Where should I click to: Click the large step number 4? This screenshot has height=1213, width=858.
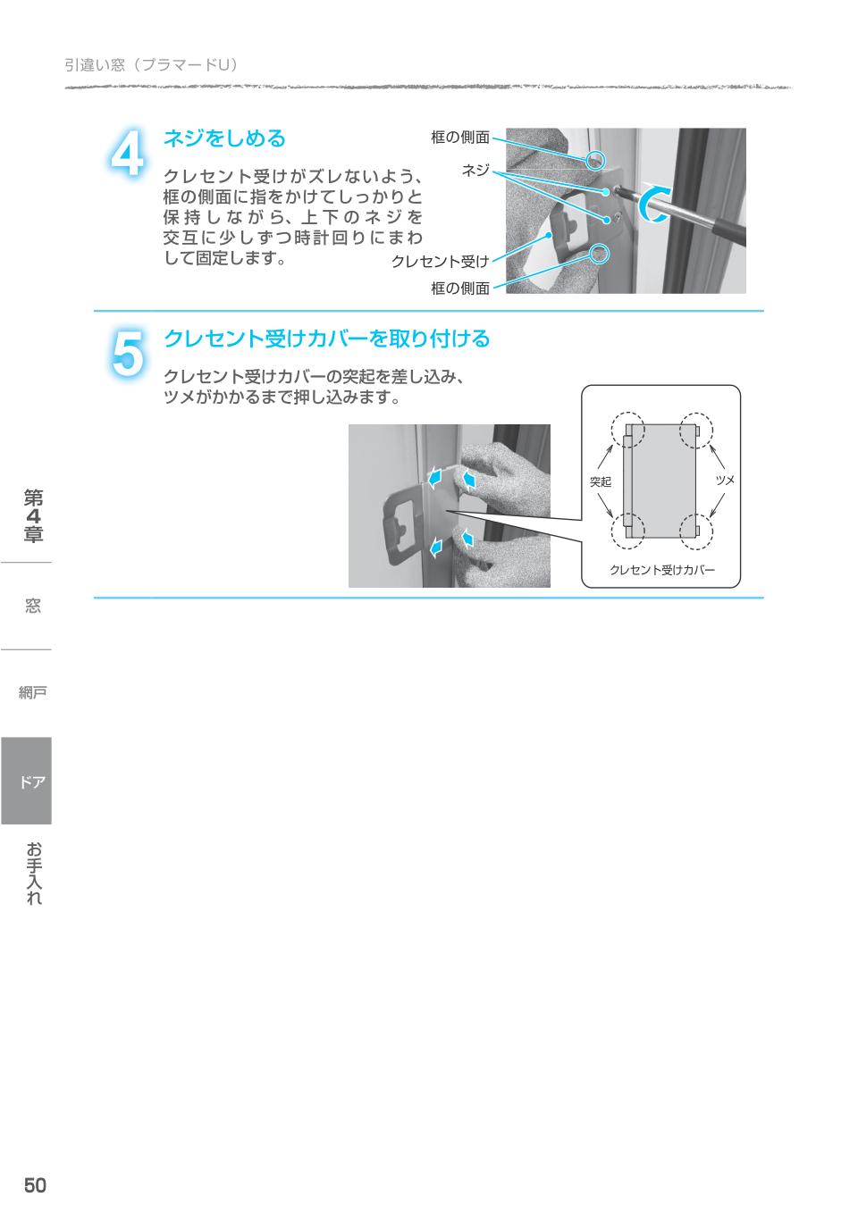point(127,154)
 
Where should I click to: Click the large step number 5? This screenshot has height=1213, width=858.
point(127,354)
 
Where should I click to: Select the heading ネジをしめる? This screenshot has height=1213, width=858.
point(224,138)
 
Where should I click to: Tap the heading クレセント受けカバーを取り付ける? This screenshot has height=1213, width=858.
point(327,339)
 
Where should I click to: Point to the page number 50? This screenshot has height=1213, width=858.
point(35,1185)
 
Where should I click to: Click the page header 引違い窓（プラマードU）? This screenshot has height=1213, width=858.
point(150,64)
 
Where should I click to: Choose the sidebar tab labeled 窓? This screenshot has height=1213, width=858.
point(32,606)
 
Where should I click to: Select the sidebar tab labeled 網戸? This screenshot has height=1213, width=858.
point(32,692)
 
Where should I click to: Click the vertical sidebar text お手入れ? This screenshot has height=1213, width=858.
point(34,874)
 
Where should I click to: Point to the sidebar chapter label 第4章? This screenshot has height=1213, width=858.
point(34,516)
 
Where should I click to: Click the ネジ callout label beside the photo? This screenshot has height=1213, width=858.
point(475,170)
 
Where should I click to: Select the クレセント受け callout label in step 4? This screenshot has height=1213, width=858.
point(440,262)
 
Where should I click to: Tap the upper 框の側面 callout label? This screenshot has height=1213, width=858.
point(460,138)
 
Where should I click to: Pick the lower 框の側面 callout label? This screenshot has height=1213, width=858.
point(460,288)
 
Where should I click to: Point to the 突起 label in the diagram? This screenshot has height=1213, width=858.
point(601,481)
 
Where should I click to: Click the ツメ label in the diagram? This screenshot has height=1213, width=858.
point(725,481)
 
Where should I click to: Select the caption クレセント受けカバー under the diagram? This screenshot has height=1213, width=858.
point(661,570)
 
